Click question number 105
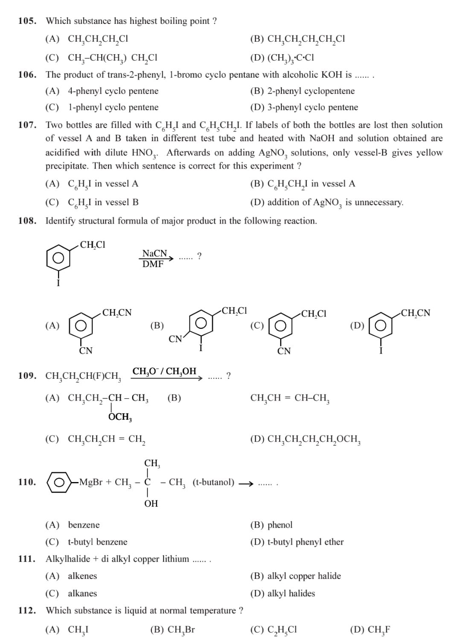[27, 21]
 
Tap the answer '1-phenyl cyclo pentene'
[113, 107]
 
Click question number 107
[27, 125]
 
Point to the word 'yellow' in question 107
[429, 153]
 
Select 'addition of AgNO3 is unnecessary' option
[335, 202]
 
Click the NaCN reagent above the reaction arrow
[155, 253]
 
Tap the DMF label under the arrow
[153, 264]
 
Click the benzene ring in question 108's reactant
[58, 258]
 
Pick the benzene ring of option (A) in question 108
[81, 325]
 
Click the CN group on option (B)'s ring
[175, 339]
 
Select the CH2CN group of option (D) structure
[415, 313]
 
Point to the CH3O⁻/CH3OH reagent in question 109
[164, 371]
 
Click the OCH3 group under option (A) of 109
[120, 417]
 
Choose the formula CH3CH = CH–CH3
[290, 398]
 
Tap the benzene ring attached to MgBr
[59, 482]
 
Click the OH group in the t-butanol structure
[151, 503]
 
